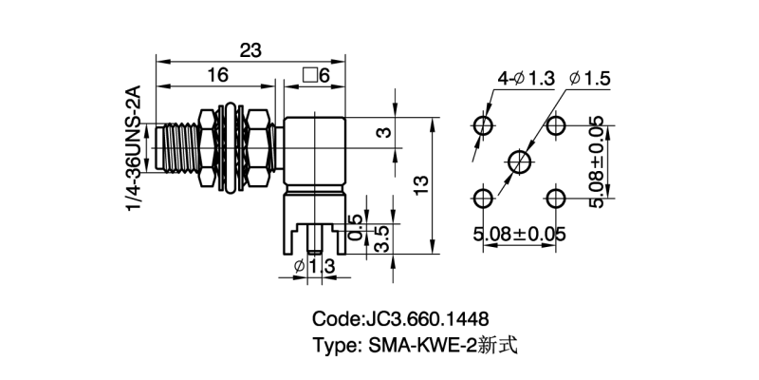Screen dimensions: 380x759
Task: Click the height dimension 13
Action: pyautogui.click(x=422, y=181)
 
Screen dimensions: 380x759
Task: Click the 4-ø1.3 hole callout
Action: pyautogui.click(x=525, y=79)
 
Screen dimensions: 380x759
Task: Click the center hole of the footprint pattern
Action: pyautogui.click(x=519, y=161)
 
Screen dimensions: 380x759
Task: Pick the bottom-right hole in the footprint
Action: pyautogui.click(x=555, y=198)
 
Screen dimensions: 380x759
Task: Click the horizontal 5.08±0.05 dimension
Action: pyautogui.click(x=520, y=232)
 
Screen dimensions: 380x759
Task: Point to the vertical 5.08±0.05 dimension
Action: pyautogui.click(x=596, y=161)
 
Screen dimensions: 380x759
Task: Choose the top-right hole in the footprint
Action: pyautogui.click(x=555, y=125)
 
